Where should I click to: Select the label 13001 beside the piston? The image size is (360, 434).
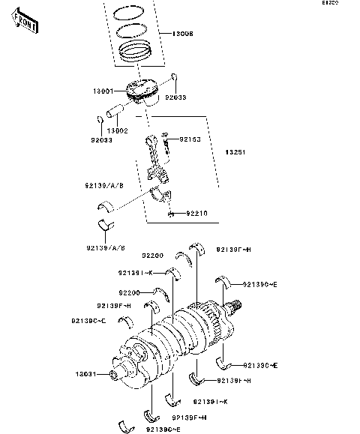point(103,91)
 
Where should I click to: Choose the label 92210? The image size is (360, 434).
point(196,213)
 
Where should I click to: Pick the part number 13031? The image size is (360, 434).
point(84,374)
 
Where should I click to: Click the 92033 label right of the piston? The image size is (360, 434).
point(175,97)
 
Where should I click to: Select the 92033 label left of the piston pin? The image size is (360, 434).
point(100,139)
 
